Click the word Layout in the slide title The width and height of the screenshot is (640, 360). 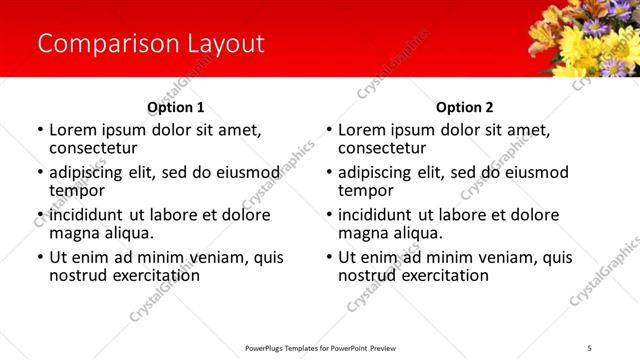click(x=225, y=44)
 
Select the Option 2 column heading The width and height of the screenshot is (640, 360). click(x=464, y=107)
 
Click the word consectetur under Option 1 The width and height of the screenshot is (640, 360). click(x=92, y=148)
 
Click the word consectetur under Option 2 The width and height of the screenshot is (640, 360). click(x=381, y=148)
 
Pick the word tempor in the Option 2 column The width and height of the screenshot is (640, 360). click(x=365, y=191)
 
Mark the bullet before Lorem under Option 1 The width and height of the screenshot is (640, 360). click(x=40, y=131)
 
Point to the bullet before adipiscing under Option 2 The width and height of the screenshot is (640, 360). click(x=329, y=173)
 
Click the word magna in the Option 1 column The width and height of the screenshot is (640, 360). click(x=73, y=233)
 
